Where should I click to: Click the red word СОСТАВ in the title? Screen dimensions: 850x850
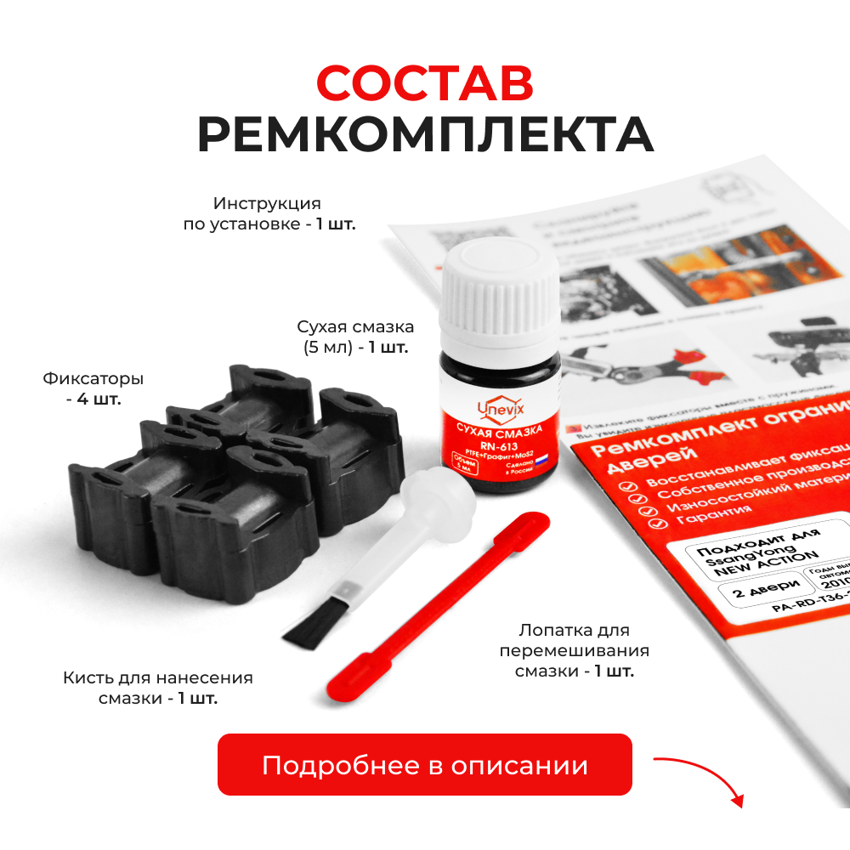(x=425, y=83)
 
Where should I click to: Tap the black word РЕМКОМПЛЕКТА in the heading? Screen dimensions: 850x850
(x=425, y=133)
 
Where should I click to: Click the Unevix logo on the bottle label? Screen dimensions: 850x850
(x=501, y=410)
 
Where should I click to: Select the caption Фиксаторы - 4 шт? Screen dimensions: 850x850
(x=93, y=388)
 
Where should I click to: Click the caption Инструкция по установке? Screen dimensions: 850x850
(x=269, y=214)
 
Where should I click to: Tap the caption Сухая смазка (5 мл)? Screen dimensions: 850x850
(x=354, y=337)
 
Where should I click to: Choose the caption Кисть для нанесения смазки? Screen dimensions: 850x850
(x=158, y=688)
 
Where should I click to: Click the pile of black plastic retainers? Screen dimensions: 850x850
(x=195, y=476)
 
